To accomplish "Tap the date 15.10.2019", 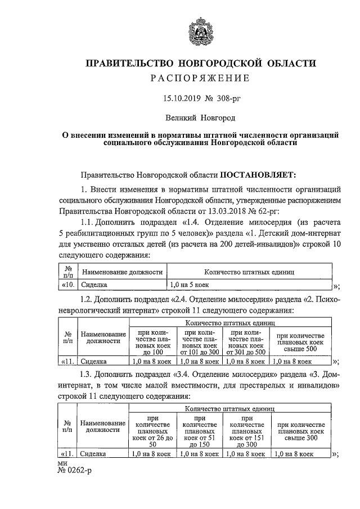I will tap(174, 99).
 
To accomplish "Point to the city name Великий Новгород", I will tap(200, 119).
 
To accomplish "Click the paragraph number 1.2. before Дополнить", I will tap(90, 299).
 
